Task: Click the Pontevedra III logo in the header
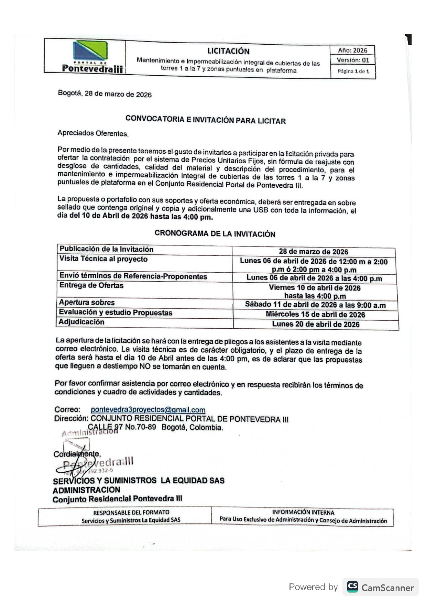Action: point(91,56)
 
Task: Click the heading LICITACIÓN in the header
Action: point(228,51)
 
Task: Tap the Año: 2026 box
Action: point(352,50)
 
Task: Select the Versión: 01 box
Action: point(353,60)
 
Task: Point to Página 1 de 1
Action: point(353,72)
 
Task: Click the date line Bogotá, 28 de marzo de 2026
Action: point(105,94)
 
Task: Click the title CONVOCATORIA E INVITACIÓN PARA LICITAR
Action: point(205,120)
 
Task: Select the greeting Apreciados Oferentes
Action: point(93,133)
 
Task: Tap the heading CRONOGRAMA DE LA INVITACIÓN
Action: point(215,233)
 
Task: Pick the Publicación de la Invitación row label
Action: point(106,249)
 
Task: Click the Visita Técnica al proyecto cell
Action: point(103,259)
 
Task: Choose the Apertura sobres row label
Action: point(87,303)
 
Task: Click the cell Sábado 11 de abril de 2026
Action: point(315,305)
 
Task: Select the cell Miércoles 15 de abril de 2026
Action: point(315,315)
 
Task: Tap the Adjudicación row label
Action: point(81,322)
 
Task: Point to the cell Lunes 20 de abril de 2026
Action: point(316,324)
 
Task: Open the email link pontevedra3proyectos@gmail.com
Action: point(148,410)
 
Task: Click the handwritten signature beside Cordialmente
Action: point(74,462)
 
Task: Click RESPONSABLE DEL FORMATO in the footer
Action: point(131,512)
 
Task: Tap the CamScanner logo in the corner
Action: point(380,587)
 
